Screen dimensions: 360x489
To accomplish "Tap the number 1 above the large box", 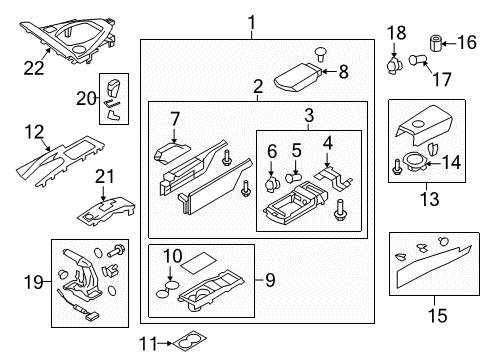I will click(252, 21).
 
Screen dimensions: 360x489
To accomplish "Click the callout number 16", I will click(467, 42).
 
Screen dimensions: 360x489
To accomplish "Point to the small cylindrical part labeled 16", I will click(436, 42).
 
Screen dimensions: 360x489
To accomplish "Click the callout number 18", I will click(397, 33).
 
